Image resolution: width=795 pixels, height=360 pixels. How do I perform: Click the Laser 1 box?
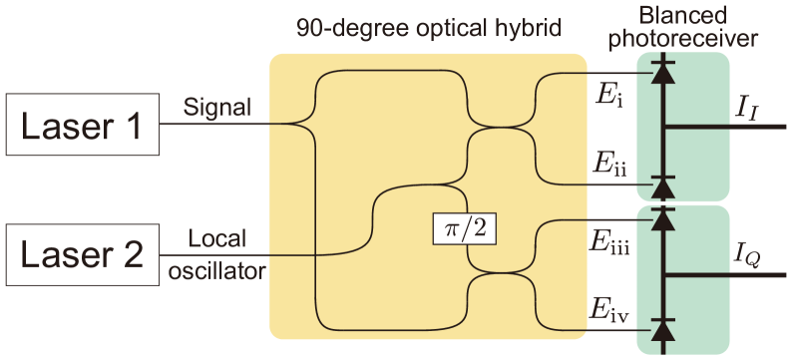click(x=80, y=126)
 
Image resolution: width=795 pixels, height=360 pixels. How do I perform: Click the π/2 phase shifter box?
click(x=465, y=229)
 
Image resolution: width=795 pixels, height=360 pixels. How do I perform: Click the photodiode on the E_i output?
click(x=660, y=73)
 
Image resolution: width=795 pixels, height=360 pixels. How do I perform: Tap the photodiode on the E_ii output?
click(x=660, y=185)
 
